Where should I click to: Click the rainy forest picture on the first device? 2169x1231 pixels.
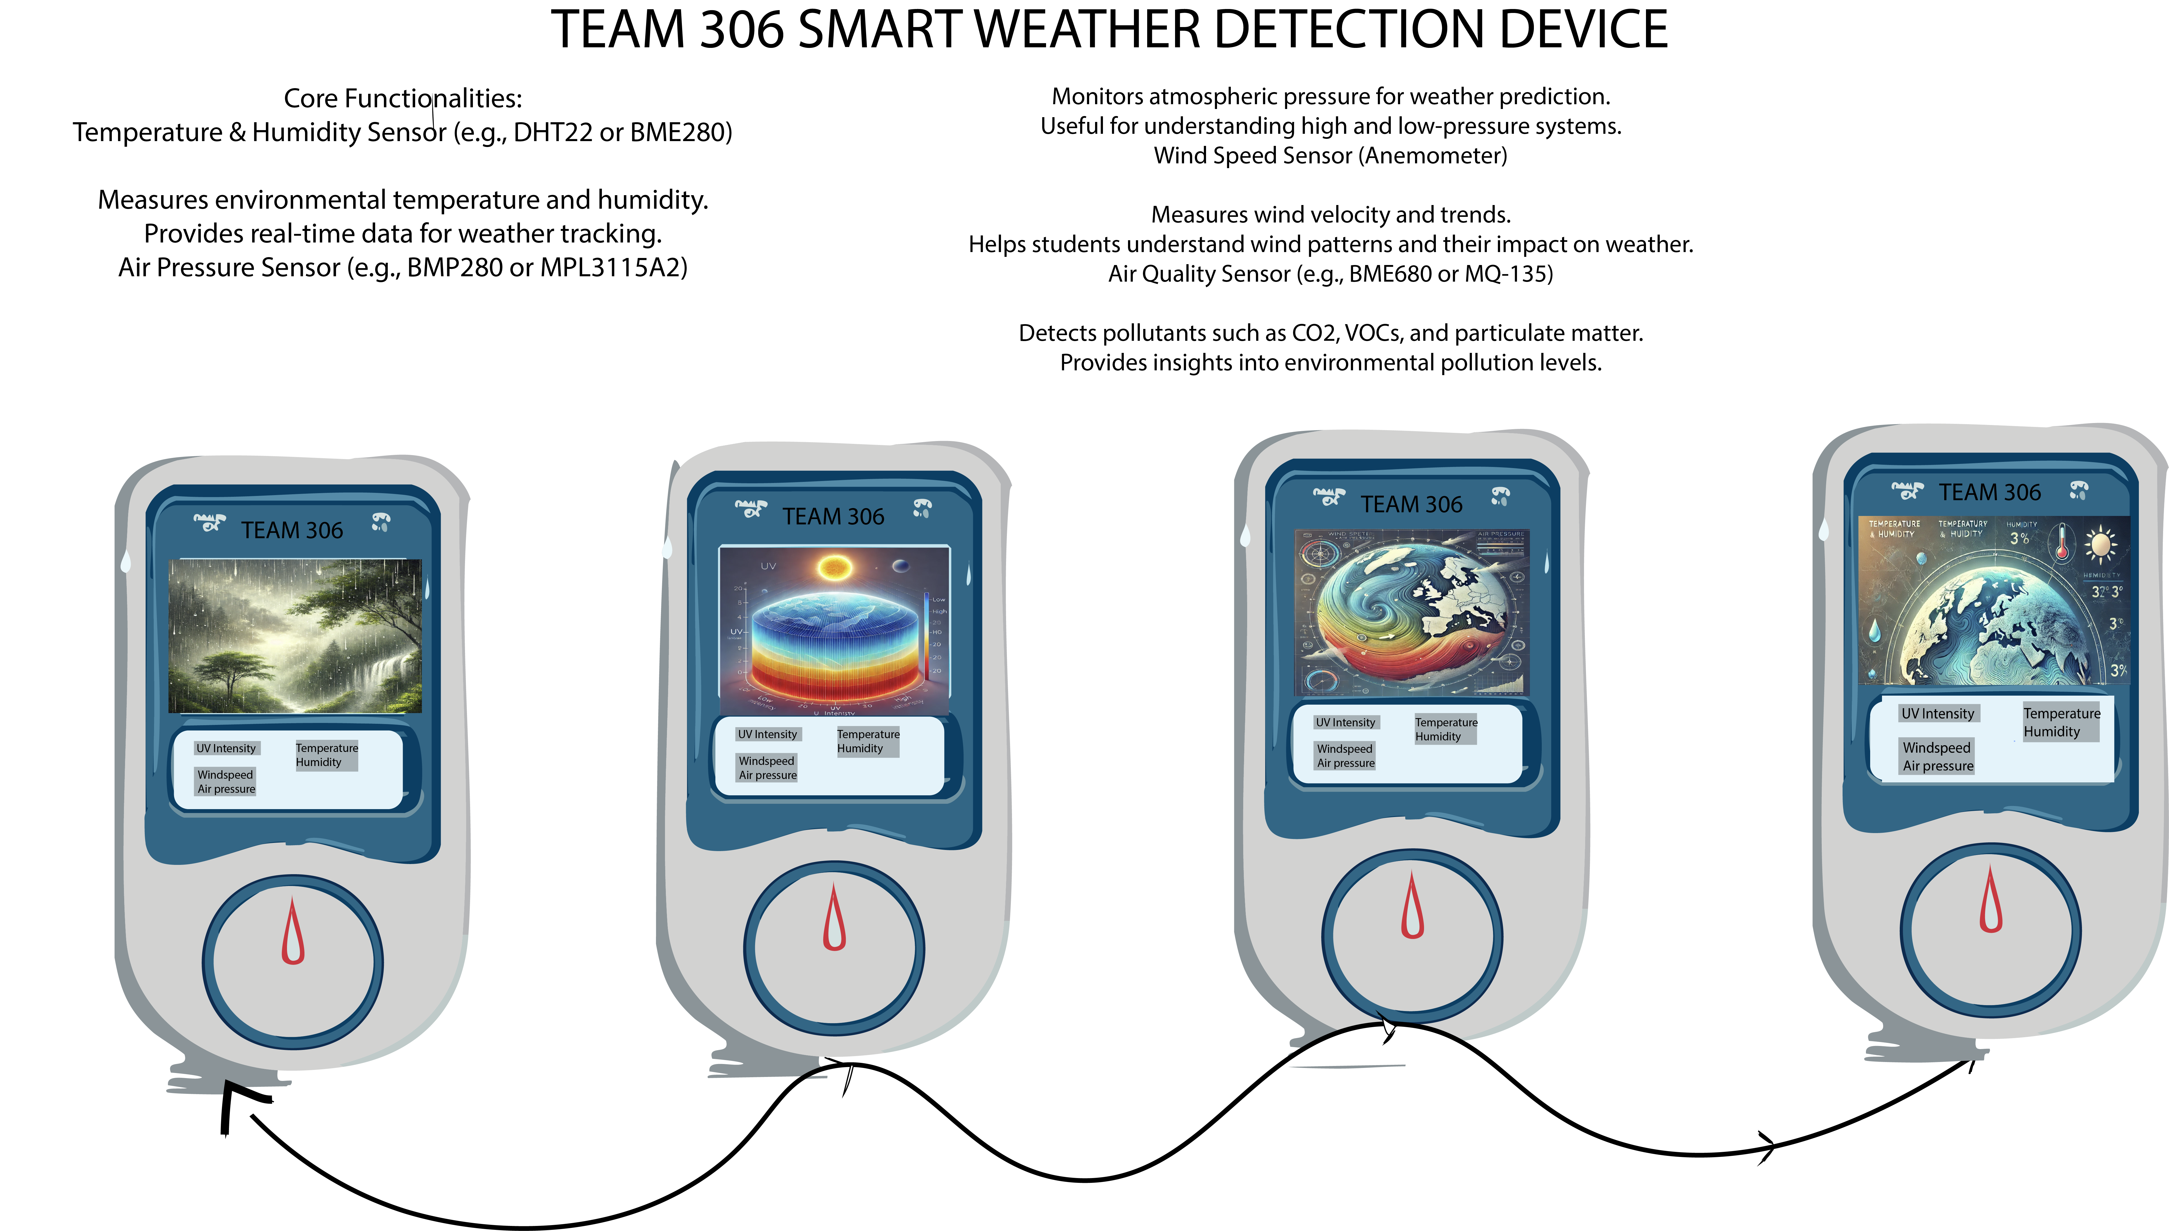tap(295, 636)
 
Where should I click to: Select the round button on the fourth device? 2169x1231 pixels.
tap(1991, 930)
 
